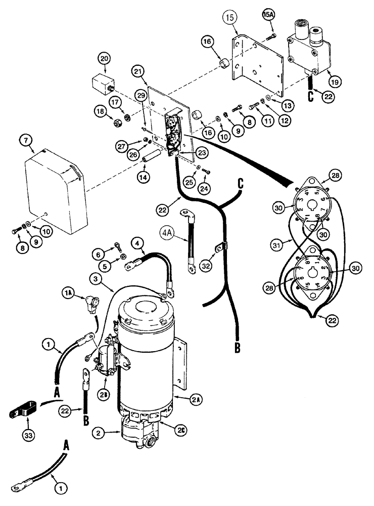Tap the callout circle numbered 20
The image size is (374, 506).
[x=105, y=60]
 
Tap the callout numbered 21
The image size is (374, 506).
[x=140, y=73]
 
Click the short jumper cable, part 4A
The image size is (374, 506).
[x=191, y=245]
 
